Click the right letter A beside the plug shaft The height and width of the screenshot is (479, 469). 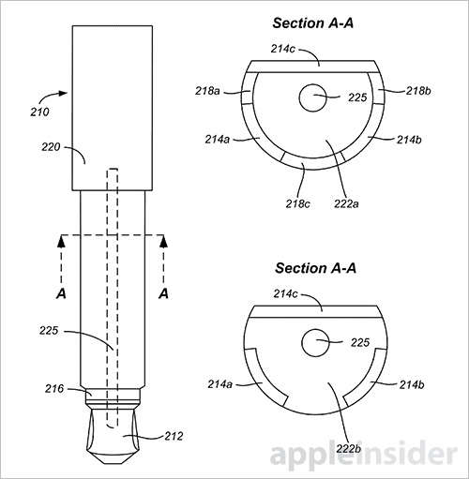163,293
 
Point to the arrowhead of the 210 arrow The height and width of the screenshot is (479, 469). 68,93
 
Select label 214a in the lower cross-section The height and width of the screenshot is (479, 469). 219,383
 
